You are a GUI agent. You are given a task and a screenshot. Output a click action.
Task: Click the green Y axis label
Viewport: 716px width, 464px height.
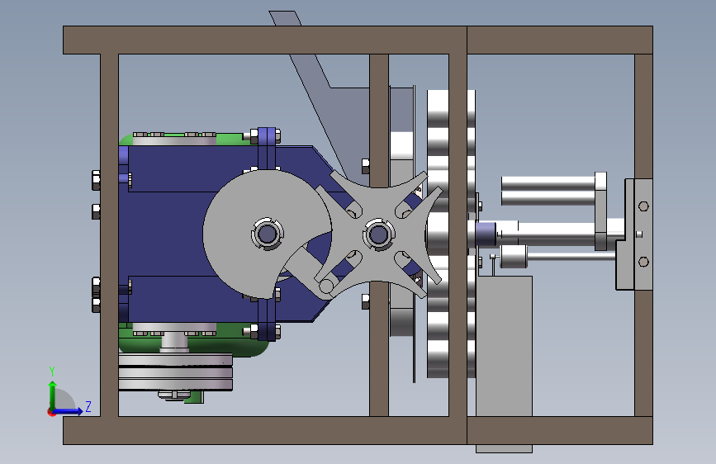(52, 371)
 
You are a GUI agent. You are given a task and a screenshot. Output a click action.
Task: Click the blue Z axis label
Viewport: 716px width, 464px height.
(88, 406)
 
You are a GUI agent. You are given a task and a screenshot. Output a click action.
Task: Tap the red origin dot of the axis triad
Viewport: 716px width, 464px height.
(51, 412)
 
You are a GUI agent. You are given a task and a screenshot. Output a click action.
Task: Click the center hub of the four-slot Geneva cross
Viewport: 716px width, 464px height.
(378, 234)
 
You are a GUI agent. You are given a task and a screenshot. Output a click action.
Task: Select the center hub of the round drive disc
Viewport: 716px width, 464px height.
(267, 234)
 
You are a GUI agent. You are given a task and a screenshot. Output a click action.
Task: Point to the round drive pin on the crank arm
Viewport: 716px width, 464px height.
(326, 286)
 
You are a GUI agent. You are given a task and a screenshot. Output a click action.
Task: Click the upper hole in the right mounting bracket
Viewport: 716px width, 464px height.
(643, 206)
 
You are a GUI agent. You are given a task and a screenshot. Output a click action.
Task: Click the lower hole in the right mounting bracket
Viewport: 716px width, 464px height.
(643, 262)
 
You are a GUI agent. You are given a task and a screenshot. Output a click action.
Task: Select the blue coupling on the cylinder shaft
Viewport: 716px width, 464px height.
(486, 234)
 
